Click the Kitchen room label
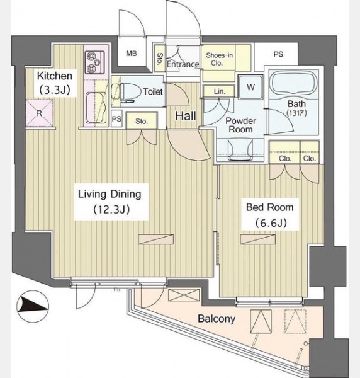click(x=55, y=83)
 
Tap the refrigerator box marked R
click(x=39, y=113)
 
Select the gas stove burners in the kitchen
click(x=95, y=62)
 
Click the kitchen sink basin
click(x=96, y=108)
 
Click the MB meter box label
click(x=132, y=54)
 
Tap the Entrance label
click(x=183, y=64)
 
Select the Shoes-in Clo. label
click(x=219, y=59)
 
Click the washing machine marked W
click(x=250, y=87)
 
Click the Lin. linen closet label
click(x=220, y=91)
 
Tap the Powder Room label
click(x=240, y=125)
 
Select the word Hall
click(x=185, y=116)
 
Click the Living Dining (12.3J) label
click(x=110, y=202)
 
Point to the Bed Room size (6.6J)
click(x=271, y=223)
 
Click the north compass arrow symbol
click(x=33, y=306)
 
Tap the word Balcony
click(x=217, y=319)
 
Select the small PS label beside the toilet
click(x=116, y=119)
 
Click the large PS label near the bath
click(x=278, y=54)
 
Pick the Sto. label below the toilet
click(x=142, y=121)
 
